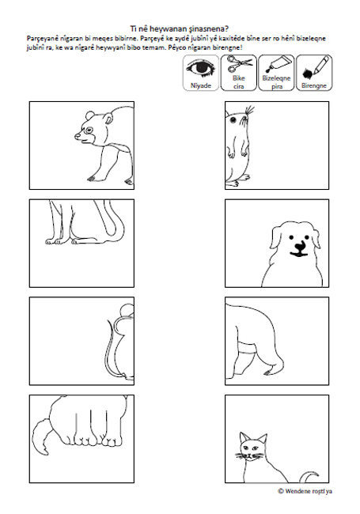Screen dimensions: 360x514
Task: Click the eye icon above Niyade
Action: click(x=201, y=69)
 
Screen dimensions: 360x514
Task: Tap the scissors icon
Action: click(x=240, y=64)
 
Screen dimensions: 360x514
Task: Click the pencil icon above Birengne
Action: click(x=315, y=68)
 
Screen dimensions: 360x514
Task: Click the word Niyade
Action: click(x=201, y=85)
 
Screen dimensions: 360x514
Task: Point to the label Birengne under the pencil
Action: click(x=314, y=85)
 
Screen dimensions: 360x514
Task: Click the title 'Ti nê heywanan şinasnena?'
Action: click(x=180, y=28)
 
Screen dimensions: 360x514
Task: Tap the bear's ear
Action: click(x=89, y=115)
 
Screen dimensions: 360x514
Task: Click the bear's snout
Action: click(x=78, y=136)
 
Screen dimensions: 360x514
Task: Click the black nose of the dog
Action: click(x=299, y=245)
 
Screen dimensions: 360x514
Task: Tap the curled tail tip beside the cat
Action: click(x=310, y=476)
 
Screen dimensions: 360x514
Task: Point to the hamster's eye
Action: click(x=233, y=120)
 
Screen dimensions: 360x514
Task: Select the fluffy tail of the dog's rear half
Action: click(x=41, y=437)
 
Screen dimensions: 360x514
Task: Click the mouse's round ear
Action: click(x=126, y=311)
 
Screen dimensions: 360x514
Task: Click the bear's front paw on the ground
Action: click(x=93, y=179)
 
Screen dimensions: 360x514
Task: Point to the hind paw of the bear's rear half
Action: click(x=271, y=372)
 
